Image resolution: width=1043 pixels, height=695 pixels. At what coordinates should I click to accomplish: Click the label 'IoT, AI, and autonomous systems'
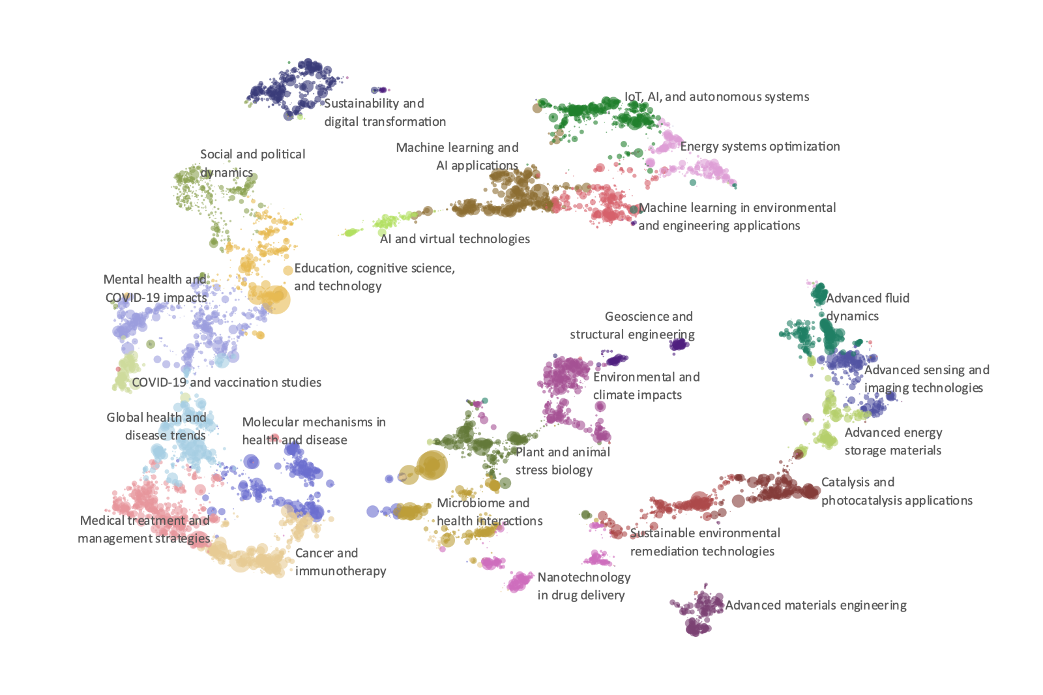coord(716,97)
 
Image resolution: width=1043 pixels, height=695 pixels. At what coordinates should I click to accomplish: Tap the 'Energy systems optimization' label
coord(759,147)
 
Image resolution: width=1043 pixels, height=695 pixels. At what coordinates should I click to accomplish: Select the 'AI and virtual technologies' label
coord(454,239)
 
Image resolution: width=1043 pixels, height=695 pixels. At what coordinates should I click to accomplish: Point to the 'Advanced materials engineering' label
coord(815,606)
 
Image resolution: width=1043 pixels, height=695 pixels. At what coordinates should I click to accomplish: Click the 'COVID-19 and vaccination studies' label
coord(226,383)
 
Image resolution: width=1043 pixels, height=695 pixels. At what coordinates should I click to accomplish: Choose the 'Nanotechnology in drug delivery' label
coord(583,586)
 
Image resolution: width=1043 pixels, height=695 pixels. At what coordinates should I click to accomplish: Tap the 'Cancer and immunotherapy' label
coord(340,562)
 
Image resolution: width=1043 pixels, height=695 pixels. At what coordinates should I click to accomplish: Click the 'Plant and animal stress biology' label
coord(563,461)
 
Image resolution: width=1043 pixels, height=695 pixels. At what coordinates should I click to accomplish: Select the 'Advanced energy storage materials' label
coord(893,441)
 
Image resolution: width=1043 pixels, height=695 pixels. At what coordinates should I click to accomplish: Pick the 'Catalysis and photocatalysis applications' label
coord(896,492)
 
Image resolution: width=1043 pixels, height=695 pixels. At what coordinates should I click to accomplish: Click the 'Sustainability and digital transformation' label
coord(385,112)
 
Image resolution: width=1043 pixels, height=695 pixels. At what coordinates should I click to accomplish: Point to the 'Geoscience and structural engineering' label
coord(632,325)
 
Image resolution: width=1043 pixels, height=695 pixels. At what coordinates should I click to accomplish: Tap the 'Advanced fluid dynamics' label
coord(867,307)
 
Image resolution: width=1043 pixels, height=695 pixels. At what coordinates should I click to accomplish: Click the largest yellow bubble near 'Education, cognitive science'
coord(274,299)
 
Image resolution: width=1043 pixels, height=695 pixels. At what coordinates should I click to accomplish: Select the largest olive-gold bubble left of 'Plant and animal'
coord(432,465)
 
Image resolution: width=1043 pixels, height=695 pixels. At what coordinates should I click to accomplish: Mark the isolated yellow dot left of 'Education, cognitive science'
coord(287,270)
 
